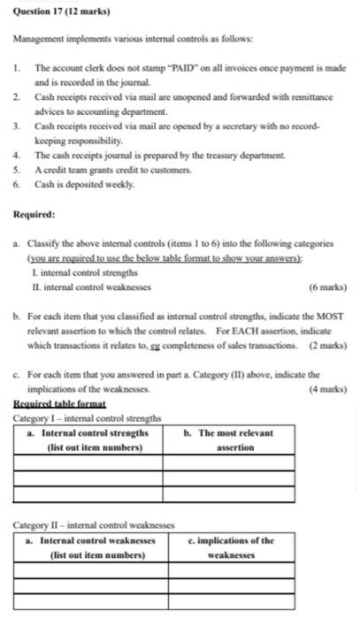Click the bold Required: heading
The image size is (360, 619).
click(34, 214)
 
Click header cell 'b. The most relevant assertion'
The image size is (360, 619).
click(229, 440)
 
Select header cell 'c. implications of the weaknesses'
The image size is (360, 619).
click(230, 547)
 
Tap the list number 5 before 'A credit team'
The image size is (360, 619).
click(17, 168)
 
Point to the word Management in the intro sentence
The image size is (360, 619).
click(40, 41)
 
